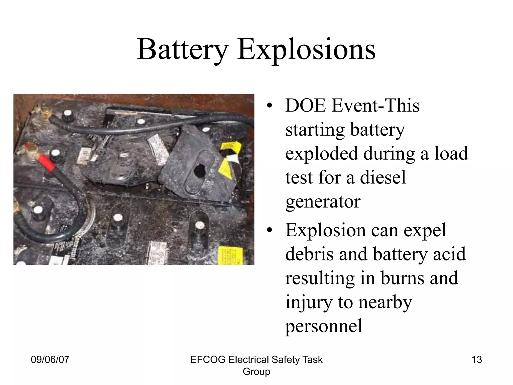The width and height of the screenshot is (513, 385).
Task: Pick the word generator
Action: point(323,202)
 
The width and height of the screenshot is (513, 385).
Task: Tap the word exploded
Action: point(322,153)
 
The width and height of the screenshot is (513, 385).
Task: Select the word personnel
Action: point(324,326)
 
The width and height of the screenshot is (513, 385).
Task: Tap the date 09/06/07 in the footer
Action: point(50,360)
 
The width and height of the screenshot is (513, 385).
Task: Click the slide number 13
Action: point(476,360)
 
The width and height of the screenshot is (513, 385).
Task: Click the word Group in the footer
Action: point(256,371)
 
